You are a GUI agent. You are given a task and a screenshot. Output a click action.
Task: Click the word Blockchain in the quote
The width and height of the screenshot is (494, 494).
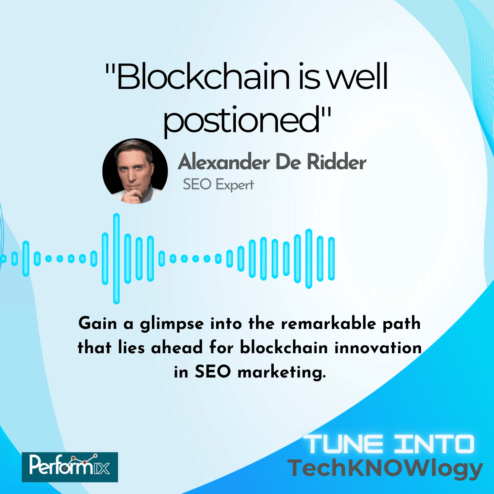click(202, 77)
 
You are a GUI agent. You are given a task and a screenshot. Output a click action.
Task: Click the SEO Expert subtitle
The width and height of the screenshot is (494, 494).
click(218, 184)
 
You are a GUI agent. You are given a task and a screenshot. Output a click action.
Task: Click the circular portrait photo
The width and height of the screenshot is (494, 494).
click(135, 171)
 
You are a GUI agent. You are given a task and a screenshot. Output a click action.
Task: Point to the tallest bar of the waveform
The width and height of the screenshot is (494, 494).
click(117, 259)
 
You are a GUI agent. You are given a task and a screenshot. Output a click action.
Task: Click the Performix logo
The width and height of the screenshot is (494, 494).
click(70, 467)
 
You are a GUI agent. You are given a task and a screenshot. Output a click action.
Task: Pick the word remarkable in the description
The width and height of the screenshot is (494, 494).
click(329, 324)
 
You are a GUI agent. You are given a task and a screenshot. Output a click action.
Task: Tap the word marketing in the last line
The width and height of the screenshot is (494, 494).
click(282, 373)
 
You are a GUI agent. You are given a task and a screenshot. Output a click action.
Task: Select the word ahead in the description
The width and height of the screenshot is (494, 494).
click(177, 348)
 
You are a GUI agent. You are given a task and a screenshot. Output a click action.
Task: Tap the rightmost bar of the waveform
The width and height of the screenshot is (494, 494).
click(331, 259)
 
